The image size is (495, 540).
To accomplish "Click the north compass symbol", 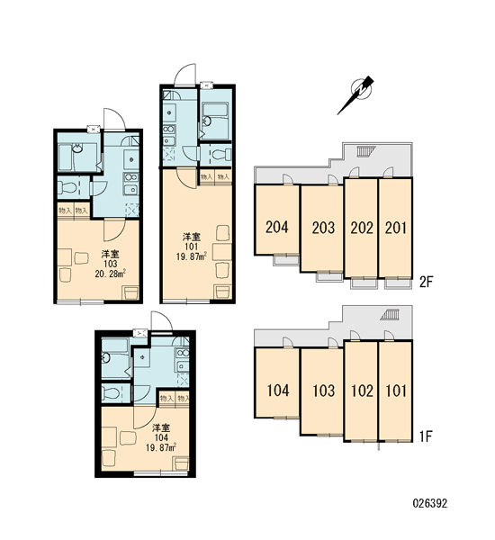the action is point(358,93).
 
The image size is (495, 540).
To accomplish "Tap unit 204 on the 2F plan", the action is point(277,220).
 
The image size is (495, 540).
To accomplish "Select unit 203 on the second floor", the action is point(322,229).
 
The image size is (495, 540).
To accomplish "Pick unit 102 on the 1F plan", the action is point(362,391).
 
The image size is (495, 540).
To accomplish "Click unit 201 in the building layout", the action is point(395,228).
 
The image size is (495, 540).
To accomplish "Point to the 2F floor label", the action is point(426,283).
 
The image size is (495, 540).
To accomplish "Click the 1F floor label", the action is point(426,436).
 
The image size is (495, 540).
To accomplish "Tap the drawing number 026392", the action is point(430,503).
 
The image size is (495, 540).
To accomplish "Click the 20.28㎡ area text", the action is point(110,274).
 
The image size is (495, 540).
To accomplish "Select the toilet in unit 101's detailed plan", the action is point(221,154).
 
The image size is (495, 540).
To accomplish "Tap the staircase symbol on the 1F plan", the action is point(390,315).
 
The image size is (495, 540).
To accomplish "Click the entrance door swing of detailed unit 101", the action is point(185,75).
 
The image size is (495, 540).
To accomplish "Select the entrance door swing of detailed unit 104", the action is point(161,321).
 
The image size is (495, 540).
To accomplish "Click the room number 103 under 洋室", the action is point(110,264).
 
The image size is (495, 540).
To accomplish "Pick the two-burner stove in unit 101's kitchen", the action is point(169,129).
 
